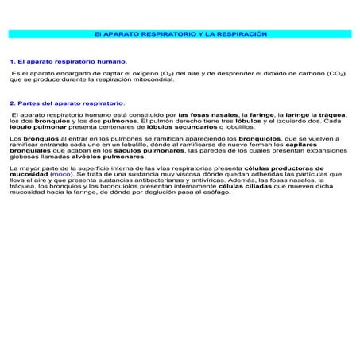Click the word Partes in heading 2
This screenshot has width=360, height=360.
tap(29, 103)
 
